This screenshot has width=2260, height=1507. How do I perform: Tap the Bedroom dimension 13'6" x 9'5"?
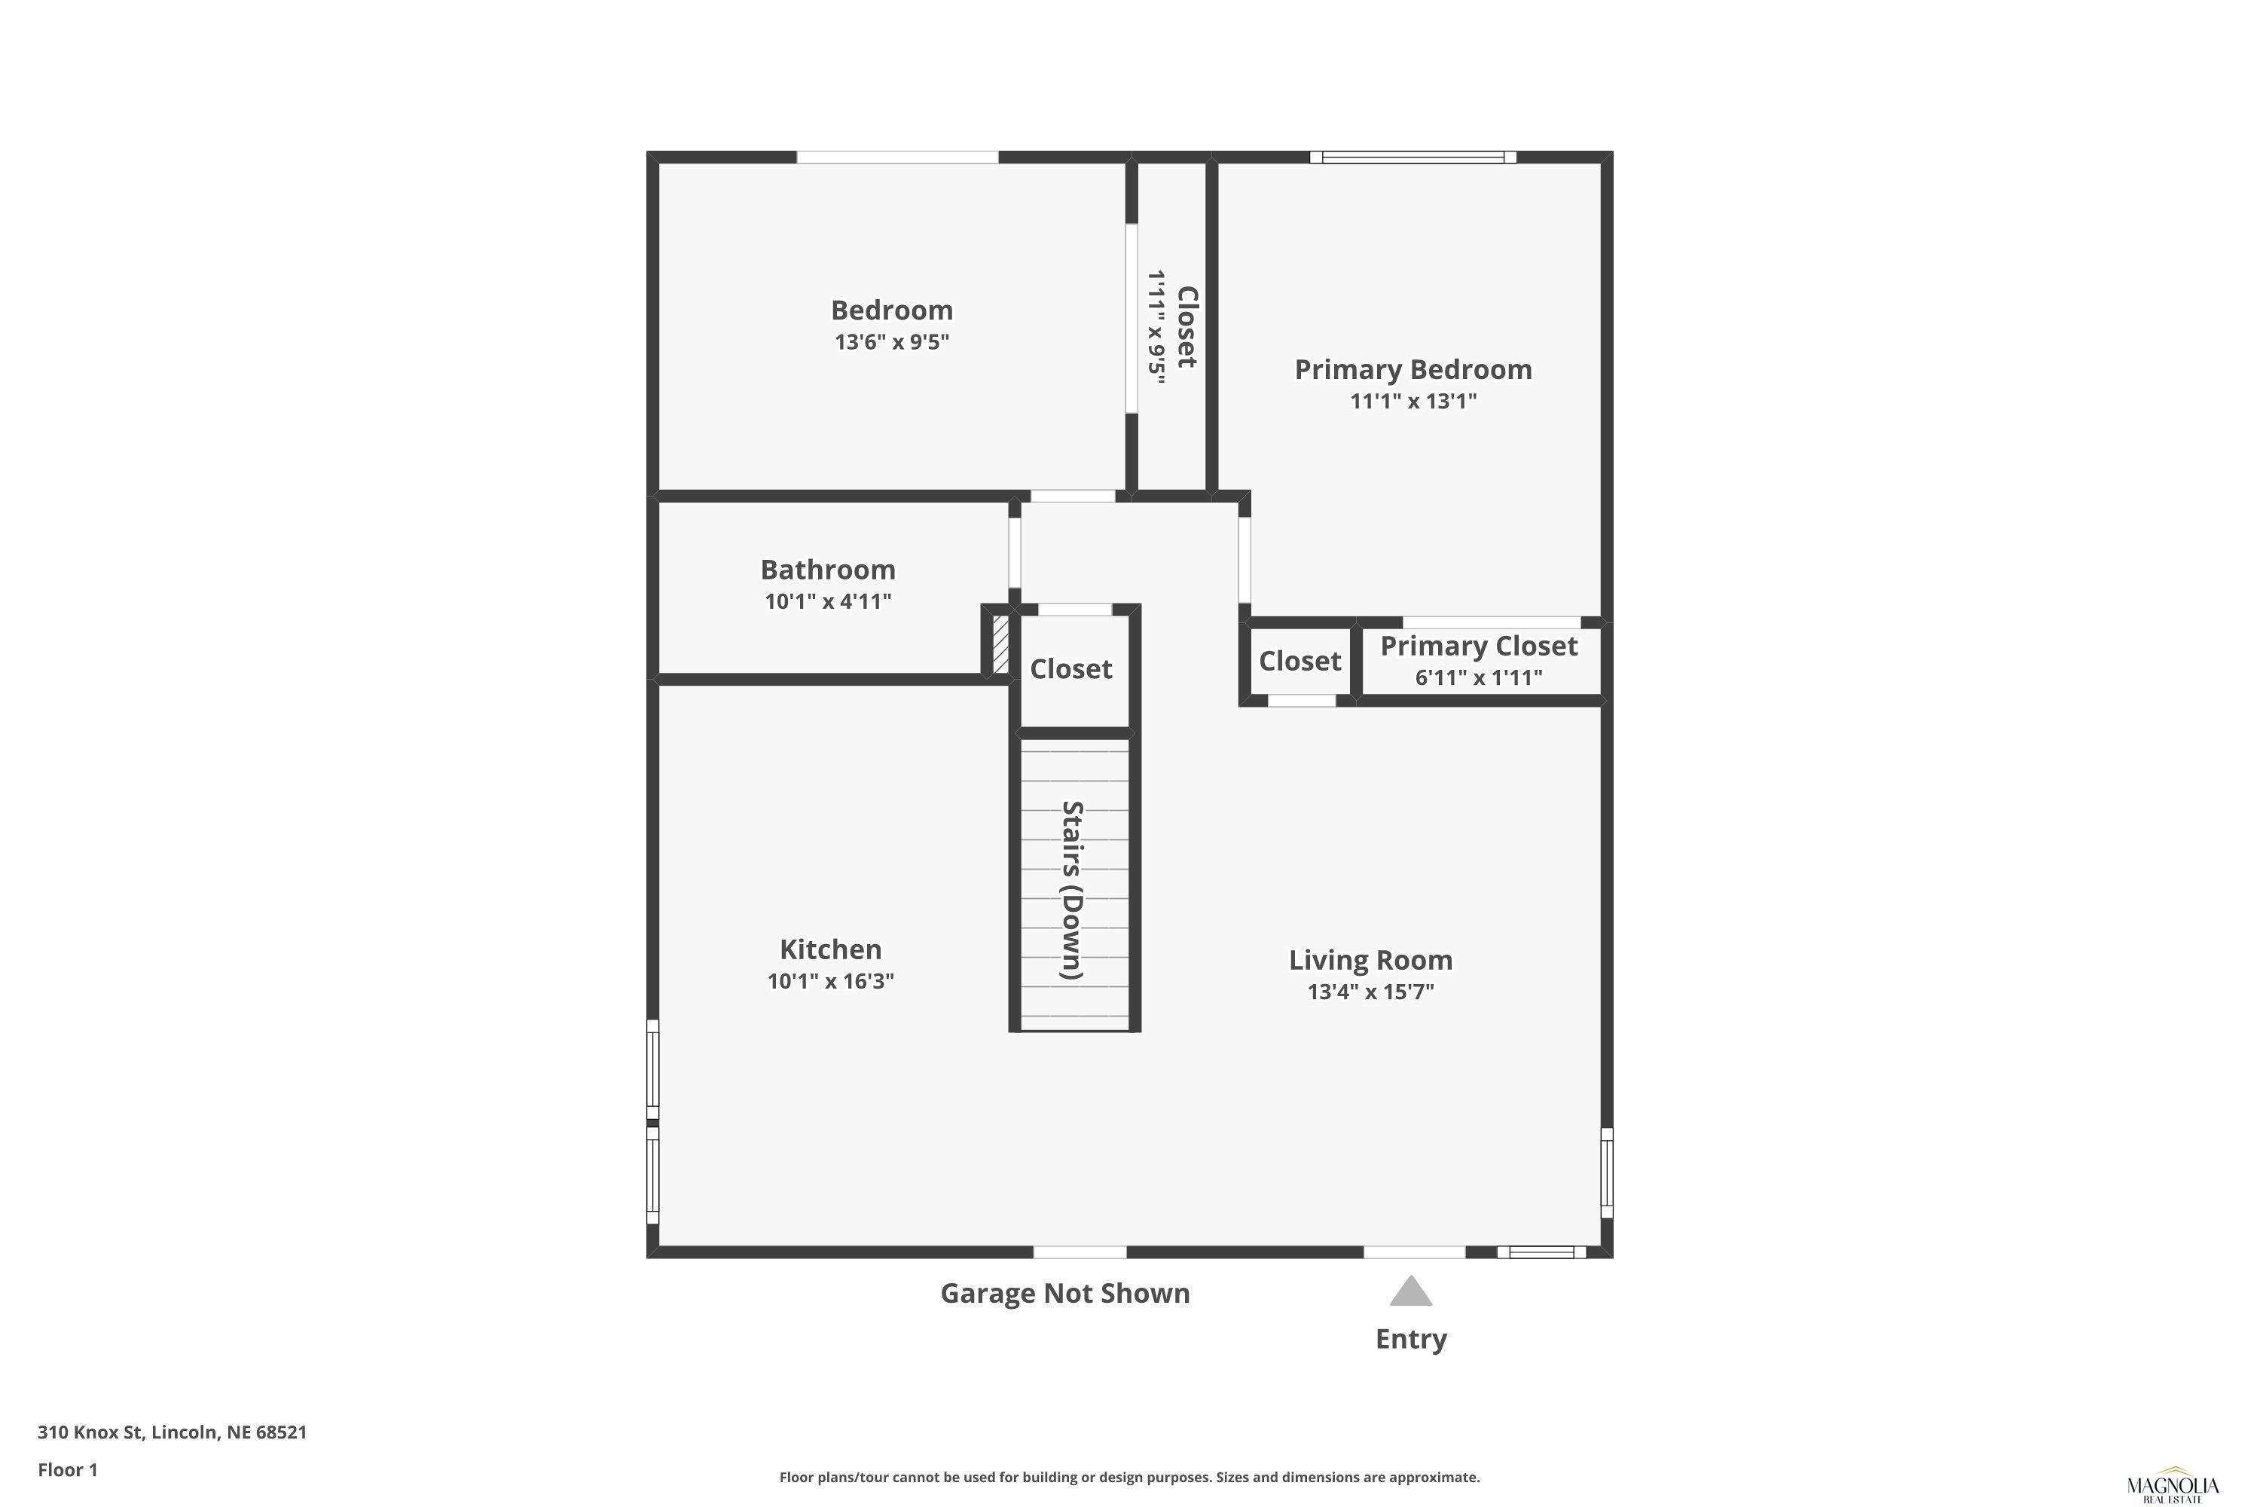[x=892, y=342]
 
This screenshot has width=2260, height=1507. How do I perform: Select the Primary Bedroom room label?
[x=1412, y=369]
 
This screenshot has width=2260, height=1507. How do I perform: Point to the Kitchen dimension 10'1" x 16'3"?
[x=830, y=981]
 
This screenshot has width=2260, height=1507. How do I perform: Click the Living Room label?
[x=1370, y=960]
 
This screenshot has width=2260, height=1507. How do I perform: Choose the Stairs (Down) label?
[x=1072, y=890]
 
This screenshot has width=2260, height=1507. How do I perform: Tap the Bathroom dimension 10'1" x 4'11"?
[x=827, y=601]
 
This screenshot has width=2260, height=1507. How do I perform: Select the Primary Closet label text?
[x=1479, y=647]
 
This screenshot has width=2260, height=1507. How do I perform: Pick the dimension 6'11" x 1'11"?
[x=1479, y=677]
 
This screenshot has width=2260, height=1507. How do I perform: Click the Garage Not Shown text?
[x=1064, y=1294]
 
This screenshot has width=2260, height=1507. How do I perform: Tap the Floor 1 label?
[x=67, y=1469]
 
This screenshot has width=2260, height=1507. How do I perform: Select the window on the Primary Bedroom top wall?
[x=1412, y=157]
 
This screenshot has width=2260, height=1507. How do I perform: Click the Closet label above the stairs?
[x=1070, y=669]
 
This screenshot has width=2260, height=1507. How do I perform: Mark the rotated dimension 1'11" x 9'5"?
[x=1156, y=327]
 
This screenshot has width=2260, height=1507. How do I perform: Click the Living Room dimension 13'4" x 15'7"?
[x=1370, y=992]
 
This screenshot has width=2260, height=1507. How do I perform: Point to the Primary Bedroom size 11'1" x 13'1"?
[x=1412, y=401]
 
